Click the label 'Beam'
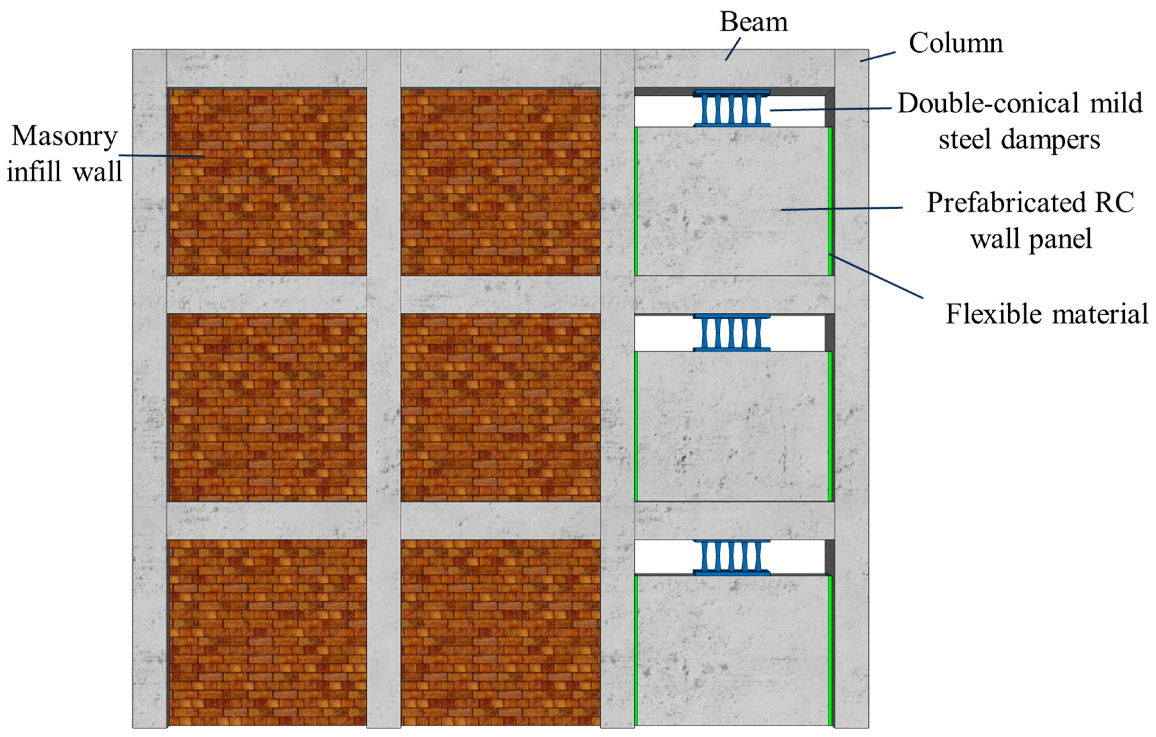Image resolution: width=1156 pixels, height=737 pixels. [754, 22]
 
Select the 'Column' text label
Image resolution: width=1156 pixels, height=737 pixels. [955, 43]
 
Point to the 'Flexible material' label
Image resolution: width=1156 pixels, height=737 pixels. [1046, 315]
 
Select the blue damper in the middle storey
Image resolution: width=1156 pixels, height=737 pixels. [731, 332]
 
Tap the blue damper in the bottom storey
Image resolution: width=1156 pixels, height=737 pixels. [731, 557]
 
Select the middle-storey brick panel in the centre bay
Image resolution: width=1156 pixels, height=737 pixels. [500, 407]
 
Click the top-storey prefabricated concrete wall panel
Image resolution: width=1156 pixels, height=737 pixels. [732, 201]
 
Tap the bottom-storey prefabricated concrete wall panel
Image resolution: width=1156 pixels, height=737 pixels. [732, 650]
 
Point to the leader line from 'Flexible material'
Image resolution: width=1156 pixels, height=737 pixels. [876, 276]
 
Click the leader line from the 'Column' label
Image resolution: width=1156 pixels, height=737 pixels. [877, 57]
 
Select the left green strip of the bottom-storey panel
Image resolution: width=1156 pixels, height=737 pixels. [636, 650]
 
